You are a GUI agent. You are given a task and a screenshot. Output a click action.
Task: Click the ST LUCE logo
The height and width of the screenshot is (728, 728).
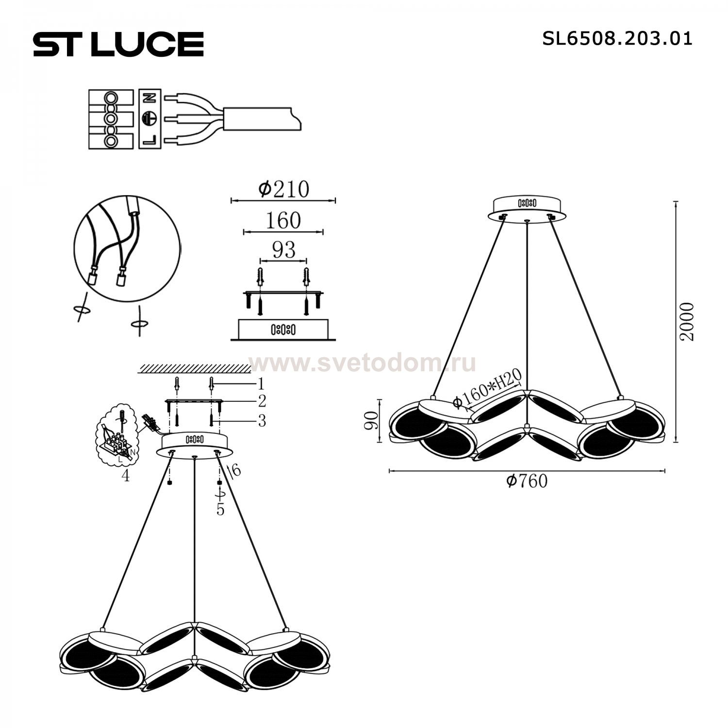118,44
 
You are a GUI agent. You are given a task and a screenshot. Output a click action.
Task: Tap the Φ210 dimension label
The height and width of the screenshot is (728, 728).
283,189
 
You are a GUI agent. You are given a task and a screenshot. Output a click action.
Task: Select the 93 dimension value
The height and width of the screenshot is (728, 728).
283,250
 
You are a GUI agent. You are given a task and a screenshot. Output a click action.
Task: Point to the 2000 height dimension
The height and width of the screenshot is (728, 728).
687,321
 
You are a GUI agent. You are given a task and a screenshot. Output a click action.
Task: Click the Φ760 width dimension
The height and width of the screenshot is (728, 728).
526,481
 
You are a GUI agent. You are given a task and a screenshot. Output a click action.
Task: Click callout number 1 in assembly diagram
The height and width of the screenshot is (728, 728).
261,384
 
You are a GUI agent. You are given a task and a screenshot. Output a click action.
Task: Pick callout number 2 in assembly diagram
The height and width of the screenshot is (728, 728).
262,401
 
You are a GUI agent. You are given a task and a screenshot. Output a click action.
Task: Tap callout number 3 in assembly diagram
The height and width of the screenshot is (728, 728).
262,420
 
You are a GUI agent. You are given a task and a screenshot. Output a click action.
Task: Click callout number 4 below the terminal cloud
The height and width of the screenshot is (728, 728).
125,476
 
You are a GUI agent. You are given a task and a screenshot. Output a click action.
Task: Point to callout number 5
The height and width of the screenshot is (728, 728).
220,510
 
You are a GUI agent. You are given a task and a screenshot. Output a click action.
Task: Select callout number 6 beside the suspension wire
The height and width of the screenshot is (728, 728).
236,469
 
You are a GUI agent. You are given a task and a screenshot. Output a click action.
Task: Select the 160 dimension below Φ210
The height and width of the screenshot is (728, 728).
283,221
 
